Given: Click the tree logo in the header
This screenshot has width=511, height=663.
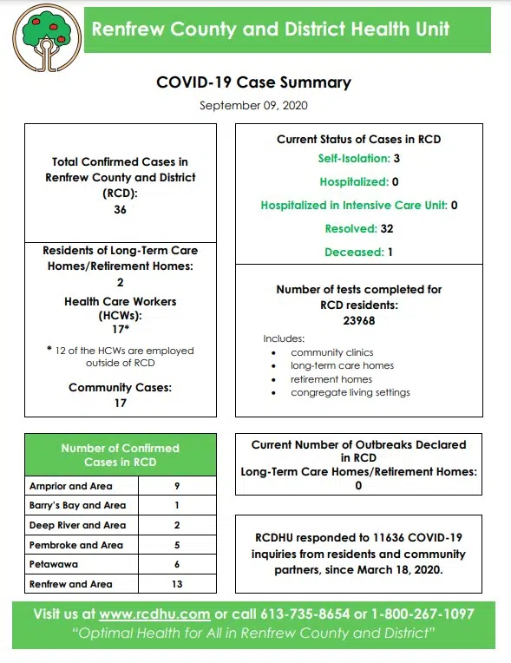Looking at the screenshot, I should coord(46,39).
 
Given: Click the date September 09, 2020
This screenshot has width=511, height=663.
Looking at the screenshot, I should coord(253,106).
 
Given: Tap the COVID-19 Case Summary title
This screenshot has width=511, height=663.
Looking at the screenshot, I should coord(253,83).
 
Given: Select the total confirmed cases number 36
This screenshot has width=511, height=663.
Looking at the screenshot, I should coord(120,209).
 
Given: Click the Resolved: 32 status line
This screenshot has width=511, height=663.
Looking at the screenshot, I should coord(358,229).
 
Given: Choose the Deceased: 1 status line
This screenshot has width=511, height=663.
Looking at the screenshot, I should coord(358,253).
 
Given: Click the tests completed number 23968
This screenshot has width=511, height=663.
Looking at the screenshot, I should coord(358,320).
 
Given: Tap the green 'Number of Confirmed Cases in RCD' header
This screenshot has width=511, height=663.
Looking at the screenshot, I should coord(120,455).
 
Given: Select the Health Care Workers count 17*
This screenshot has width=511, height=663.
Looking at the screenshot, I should coord(120,330).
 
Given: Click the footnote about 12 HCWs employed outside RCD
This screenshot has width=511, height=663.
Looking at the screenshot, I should coord(120,357).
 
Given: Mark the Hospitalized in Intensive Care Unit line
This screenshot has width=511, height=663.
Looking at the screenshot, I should coord(358,206).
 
